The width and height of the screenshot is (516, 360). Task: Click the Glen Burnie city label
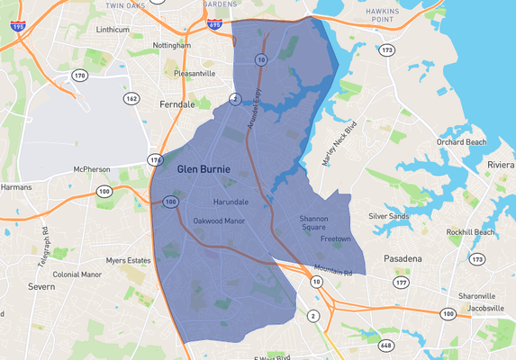coord(204,169)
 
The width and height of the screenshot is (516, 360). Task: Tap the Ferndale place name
coord(177,105)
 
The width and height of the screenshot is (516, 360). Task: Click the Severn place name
coord(41,287)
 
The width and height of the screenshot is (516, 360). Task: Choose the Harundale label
coord(231,202)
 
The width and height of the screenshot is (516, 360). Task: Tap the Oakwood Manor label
coord(220,220)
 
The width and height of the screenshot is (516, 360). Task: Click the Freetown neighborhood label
coord(335,238)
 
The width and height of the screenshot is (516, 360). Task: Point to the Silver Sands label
coord(389,216)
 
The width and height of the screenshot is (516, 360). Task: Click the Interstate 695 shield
coord(213,24)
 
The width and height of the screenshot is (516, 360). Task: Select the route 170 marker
coord(79,76)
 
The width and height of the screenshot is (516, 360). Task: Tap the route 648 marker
coord(386,345)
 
